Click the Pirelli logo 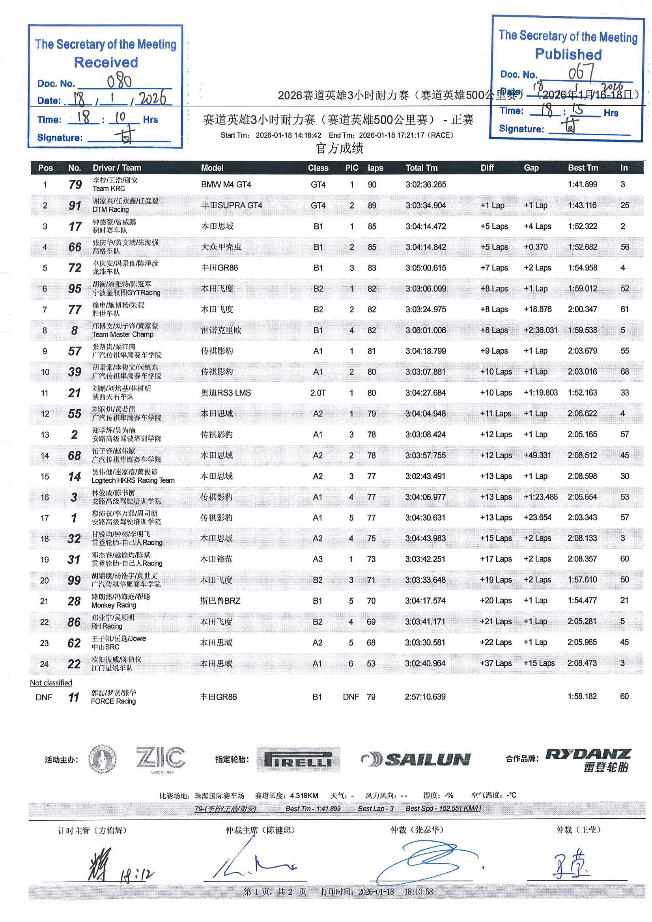click(298, 759)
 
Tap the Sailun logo click(416, 759)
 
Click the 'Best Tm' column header click(583, 168)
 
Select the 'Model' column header click(212, 168)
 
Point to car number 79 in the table click(75, 185)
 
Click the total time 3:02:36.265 click(426, 185)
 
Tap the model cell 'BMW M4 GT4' click(226, 185)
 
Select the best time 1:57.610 click(582, 579)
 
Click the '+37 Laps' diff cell click(496, 663)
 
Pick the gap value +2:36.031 click(540, 330)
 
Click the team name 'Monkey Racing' click(114, 605)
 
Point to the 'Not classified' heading click(51, 683)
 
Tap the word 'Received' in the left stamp click(106, 62)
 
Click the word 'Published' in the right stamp click(568, 54)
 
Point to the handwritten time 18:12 click(136, 874)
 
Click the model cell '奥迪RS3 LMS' click(225, 393)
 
